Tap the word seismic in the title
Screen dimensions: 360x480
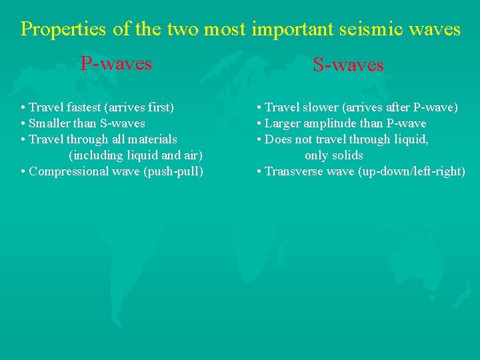(377, 29)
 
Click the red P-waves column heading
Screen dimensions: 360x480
(116, 64)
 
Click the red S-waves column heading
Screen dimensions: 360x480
(348, 65)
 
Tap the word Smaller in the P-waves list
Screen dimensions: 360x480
(50, 123)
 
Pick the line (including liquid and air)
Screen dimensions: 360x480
(135, 155)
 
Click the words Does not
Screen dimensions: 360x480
(287, 139)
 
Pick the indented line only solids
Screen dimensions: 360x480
(333, 155)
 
